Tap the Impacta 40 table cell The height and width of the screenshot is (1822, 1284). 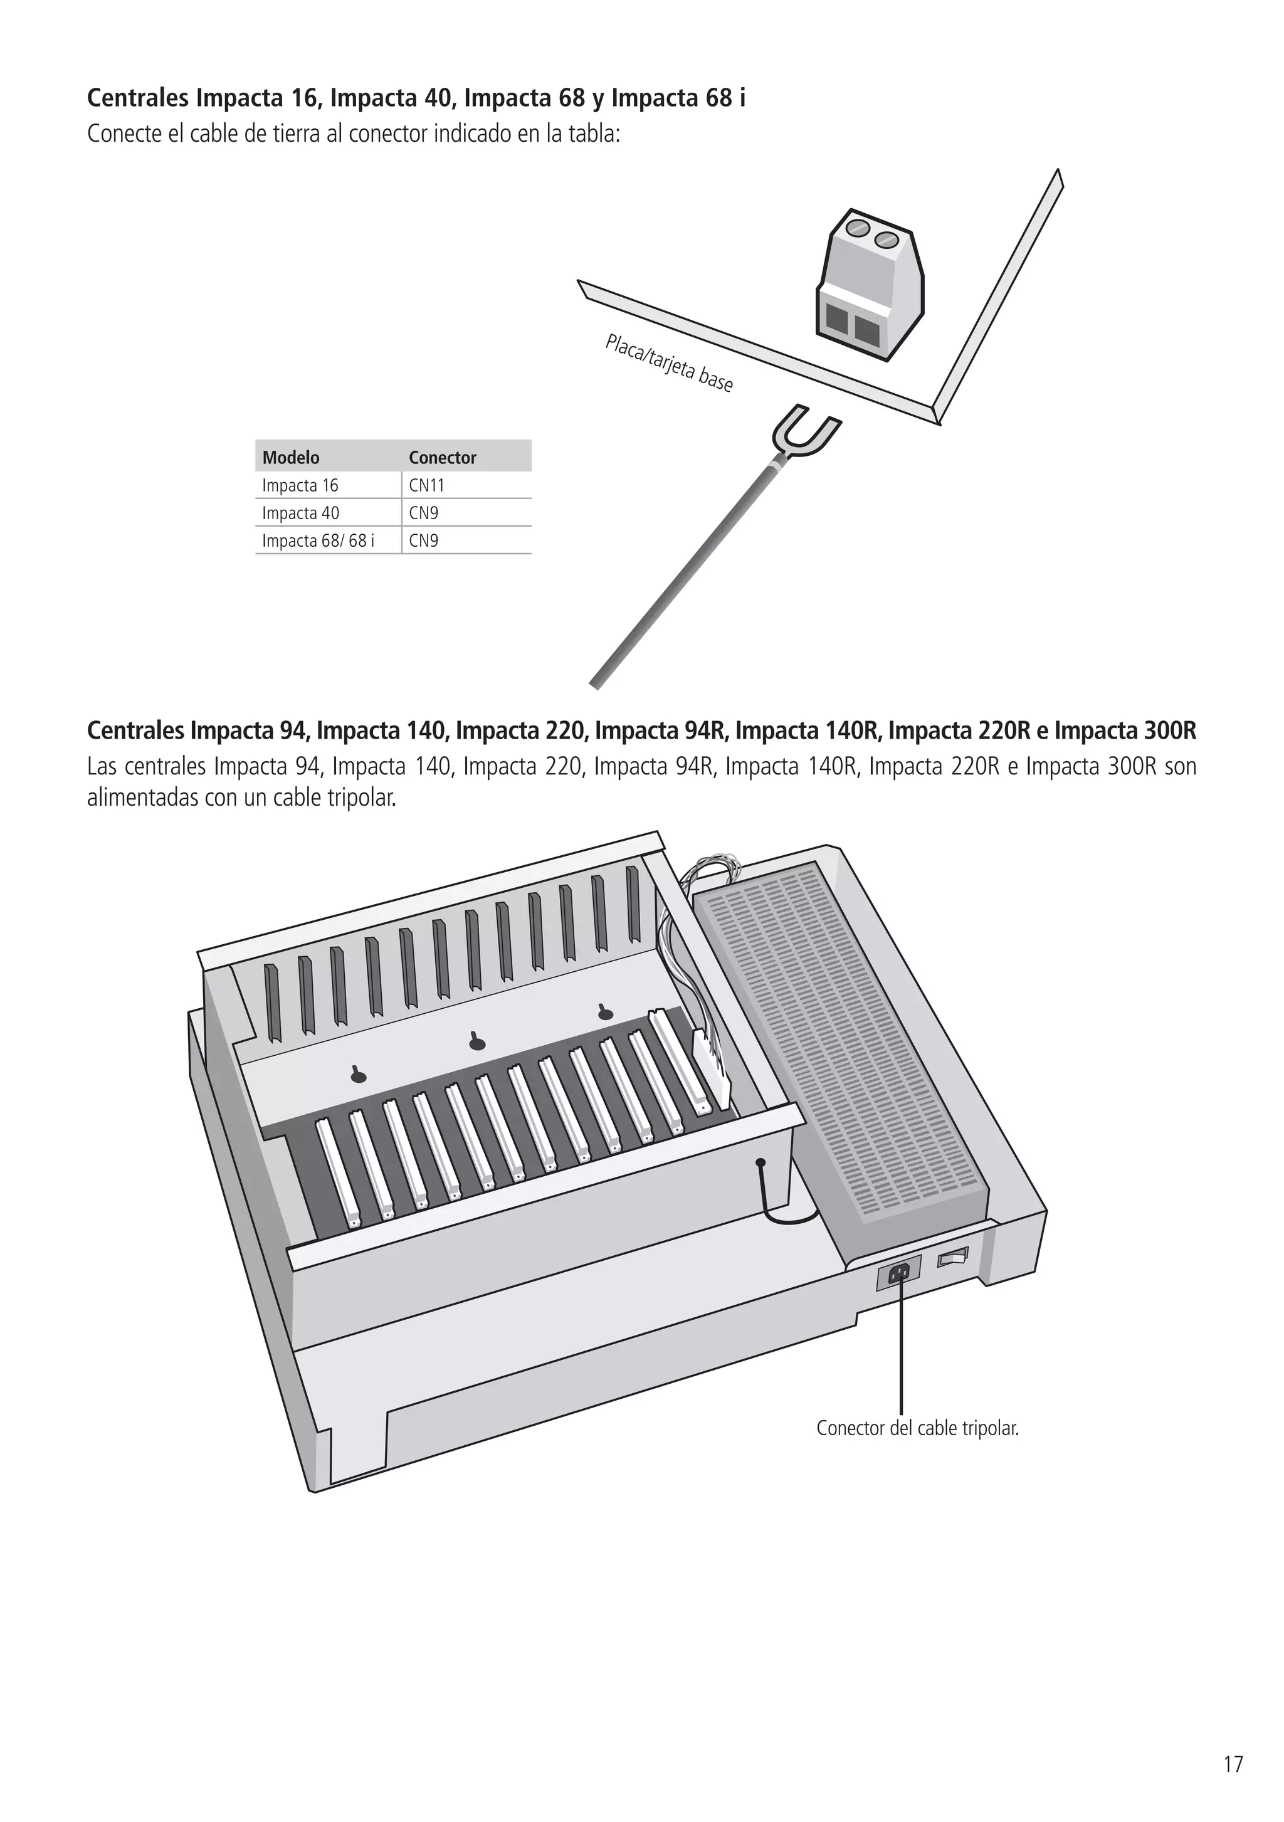[x=300, y=513]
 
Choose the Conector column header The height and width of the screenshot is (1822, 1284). [x=442, y=457]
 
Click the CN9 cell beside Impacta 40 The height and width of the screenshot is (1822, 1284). [x=424, y=513]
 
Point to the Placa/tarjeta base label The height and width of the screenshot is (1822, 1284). [x=668, y=364]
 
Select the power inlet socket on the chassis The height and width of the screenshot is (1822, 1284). [x=899, y=1273]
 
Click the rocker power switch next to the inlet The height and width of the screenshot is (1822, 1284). [x=954, y=1257]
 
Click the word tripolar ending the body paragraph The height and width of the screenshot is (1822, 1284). [x=361, y=798]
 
